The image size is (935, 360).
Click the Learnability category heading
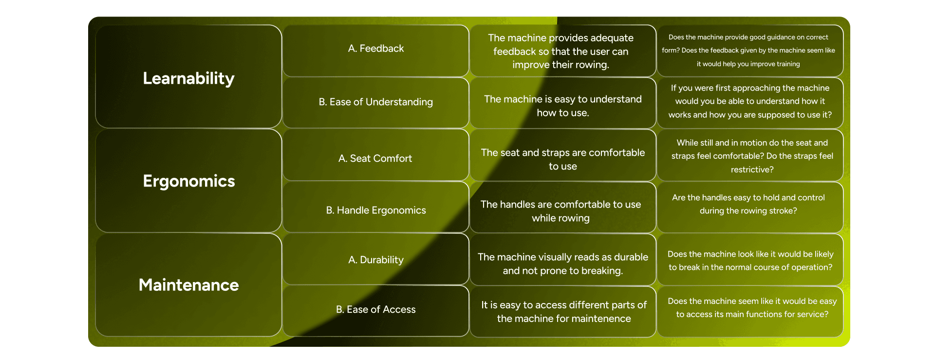(188, 78)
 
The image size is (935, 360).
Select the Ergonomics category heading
(189, 181)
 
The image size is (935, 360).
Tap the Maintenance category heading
(188, 285)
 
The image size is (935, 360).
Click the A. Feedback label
(376, 49)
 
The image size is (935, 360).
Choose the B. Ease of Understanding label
(376, 102)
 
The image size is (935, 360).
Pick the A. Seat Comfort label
(375, 158)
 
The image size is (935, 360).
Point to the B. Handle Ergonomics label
(376, 210)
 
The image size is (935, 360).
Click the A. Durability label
(376, 260)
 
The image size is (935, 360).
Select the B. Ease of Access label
(376, 310)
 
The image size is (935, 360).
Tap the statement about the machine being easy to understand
(562, 106)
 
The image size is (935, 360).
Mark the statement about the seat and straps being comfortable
(562, 159)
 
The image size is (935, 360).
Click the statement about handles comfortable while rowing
(561, 211)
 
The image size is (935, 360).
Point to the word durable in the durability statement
(631, 257)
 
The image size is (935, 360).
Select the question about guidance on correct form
(748, 51)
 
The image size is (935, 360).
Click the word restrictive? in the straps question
(752, 170)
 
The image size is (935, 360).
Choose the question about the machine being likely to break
(750, 261)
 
